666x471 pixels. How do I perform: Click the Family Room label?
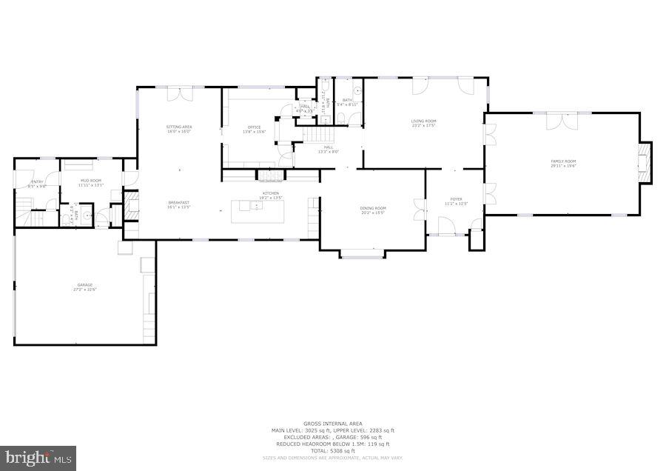point(562,163)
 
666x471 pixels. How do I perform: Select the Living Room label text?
point(424,123)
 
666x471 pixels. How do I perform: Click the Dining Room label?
point(373,210)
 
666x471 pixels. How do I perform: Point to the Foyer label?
point(456,201)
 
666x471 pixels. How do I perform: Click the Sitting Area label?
point(179,129)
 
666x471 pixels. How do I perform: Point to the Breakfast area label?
point(178,204)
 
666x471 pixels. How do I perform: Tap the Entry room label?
point(36,183)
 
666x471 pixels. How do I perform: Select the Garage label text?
point(85,287)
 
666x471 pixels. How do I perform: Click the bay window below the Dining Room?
point(362,256)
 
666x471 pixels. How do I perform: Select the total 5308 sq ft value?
point(332,451)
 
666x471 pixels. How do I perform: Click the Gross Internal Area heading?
point(332,424)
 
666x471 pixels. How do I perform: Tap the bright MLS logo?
point(38,457)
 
